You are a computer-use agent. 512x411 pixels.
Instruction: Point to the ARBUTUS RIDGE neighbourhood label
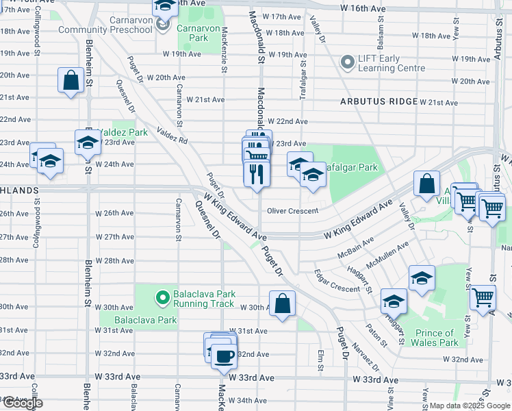[379, 101]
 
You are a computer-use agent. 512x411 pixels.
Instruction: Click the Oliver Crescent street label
[292, 211]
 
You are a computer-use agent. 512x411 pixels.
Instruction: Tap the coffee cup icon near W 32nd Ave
[223, 356]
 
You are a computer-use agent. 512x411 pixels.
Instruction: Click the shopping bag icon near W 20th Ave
[71, 80]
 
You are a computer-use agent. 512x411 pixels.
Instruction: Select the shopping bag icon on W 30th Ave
[282, 303]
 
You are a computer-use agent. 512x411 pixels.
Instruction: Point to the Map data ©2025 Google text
[470, 406]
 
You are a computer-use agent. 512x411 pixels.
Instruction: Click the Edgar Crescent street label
[337, 281]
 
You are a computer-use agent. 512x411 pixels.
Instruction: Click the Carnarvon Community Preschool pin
[162, 25]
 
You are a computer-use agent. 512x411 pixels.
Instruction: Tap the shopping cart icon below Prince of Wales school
[483, 297]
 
